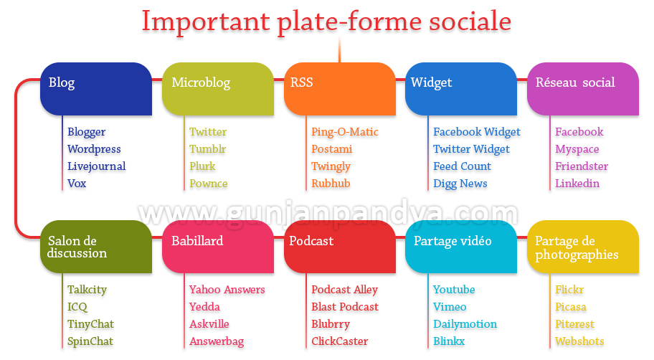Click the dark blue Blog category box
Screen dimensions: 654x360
(x=96, y=89)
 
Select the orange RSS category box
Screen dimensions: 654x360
(x=339, y=89)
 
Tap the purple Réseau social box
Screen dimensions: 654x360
(x=583, y=89)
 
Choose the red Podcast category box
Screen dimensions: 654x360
(x=339, y=247)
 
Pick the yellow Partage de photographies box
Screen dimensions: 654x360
(x=583, y=247)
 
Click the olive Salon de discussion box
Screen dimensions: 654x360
(x=96, y=247)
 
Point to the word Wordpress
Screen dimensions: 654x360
(x=94, y=149)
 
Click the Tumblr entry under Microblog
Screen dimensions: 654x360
(x=208, y=149)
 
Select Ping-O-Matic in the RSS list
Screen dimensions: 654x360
(x=345, y=132)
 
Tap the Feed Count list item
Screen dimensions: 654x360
(x=462, y=166)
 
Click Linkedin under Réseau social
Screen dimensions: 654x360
(x=577, y=183)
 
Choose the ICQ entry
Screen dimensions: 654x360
(x=77, y=307)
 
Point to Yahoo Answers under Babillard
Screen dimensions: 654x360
(x=227, y=290)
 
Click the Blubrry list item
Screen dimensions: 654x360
(x=331, y=324)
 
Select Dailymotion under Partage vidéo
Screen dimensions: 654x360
(x=465, y=324)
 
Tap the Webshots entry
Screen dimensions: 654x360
(x=579, y=341)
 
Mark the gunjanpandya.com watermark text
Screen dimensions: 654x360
(x=328, y=214)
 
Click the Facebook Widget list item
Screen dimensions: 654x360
(x=477, y=132)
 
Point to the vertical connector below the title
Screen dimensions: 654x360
(x=339, y=49)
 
